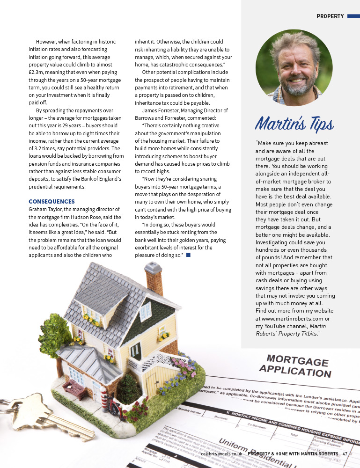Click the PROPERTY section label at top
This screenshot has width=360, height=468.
[x=330, y=16]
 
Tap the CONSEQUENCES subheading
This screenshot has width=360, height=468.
[x=51, y=201]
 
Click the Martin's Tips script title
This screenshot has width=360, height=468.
[x=294, y=124]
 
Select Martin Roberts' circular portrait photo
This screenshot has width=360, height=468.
[x=294, y=67]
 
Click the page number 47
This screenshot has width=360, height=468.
[x=345, y=453]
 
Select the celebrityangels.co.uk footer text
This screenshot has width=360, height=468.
[x=221, y=453]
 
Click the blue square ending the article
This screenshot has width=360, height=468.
[x=188, y=255]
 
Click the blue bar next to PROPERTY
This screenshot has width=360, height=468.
[x=352, y=16]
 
